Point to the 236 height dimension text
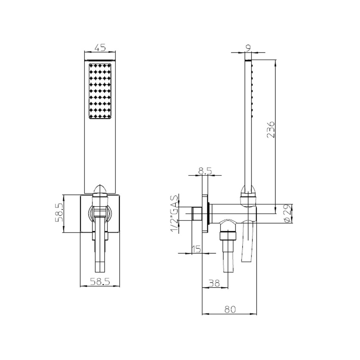click(271, 130)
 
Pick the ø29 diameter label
click(286, 213)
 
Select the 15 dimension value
click(196, 249)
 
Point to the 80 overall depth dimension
click(230, 309)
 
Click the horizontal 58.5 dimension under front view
click(100, 280)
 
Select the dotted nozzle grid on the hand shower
click(100, 91)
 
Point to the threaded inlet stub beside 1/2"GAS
click(197, 213)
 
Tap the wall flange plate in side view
click(206, 213)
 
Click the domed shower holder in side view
click(249, 193)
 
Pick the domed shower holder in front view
click(100, 190)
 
